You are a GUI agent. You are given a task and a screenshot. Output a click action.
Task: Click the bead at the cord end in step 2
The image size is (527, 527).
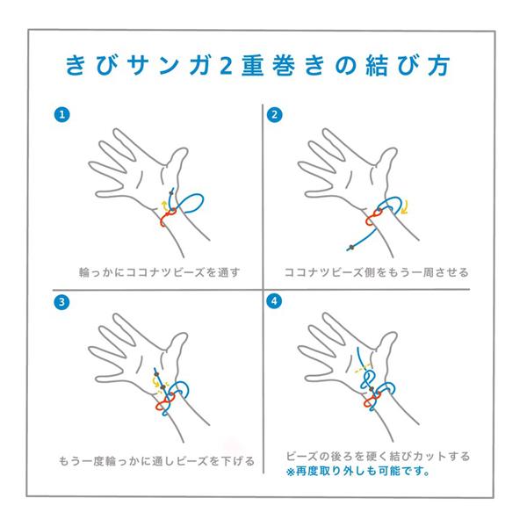click(x=351, y=245)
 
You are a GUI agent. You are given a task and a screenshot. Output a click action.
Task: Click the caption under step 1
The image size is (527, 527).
click(x=157, y=271)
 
